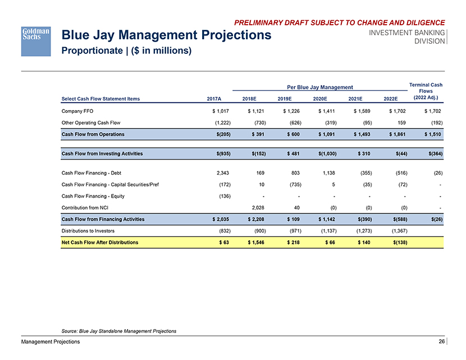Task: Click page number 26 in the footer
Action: point(442,341)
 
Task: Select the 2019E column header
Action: point(286,99)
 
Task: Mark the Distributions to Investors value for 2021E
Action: point(360,230)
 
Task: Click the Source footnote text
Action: point(118,331)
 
